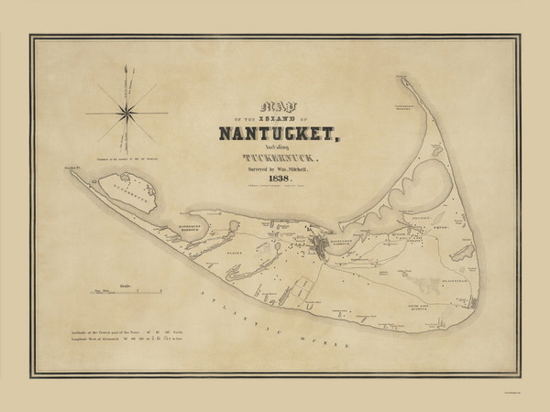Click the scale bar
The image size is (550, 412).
click(127, 293)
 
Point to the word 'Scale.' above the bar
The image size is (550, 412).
click(126, 285)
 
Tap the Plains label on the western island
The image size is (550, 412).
click(235, 246)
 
